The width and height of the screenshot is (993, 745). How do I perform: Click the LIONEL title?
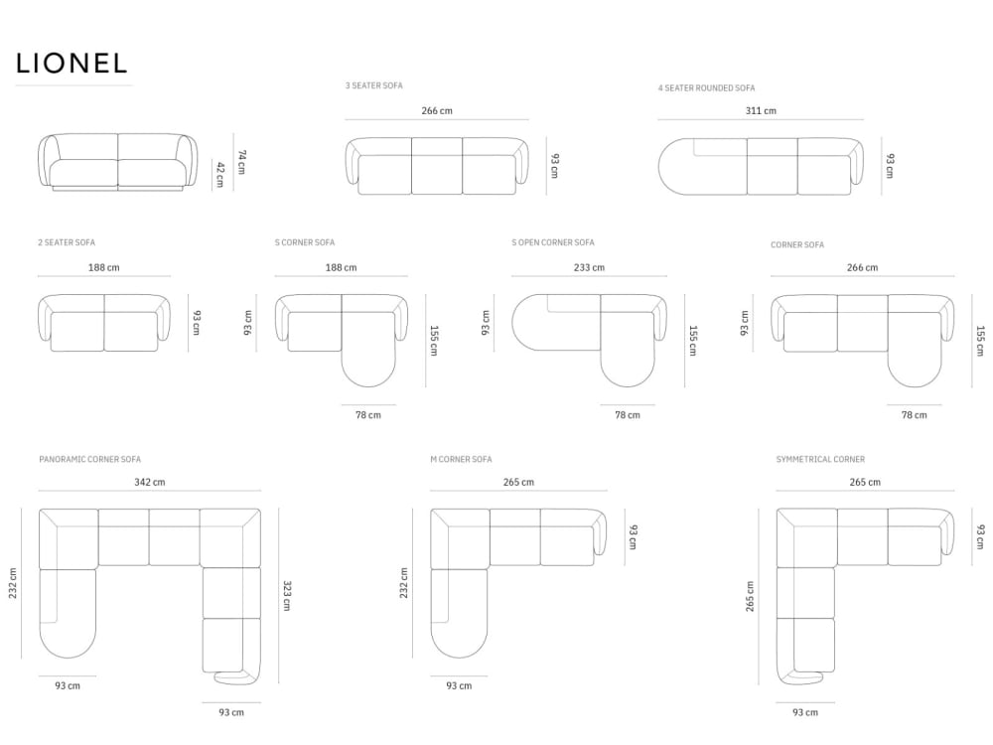tap(71, 63)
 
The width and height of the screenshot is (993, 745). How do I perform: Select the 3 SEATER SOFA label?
tap(373, 85)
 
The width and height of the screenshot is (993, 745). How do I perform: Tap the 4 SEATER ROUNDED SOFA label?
tap(706, 88)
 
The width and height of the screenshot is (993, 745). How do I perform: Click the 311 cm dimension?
tap(761, 111)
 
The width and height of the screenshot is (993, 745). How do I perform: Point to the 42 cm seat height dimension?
tap(220, 174)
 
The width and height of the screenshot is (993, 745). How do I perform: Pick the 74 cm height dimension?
tap(241, 162)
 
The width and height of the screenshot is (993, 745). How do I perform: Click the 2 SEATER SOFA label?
tap(67, 242)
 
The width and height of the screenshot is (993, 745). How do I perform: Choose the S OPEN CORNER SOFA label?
tap(553, 242)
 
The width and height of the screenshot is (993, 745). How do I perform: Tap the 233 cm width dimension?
tap(589, 267)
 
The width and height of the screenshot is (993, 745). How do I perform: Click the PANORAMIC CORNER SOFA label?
tap(90, 459)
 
